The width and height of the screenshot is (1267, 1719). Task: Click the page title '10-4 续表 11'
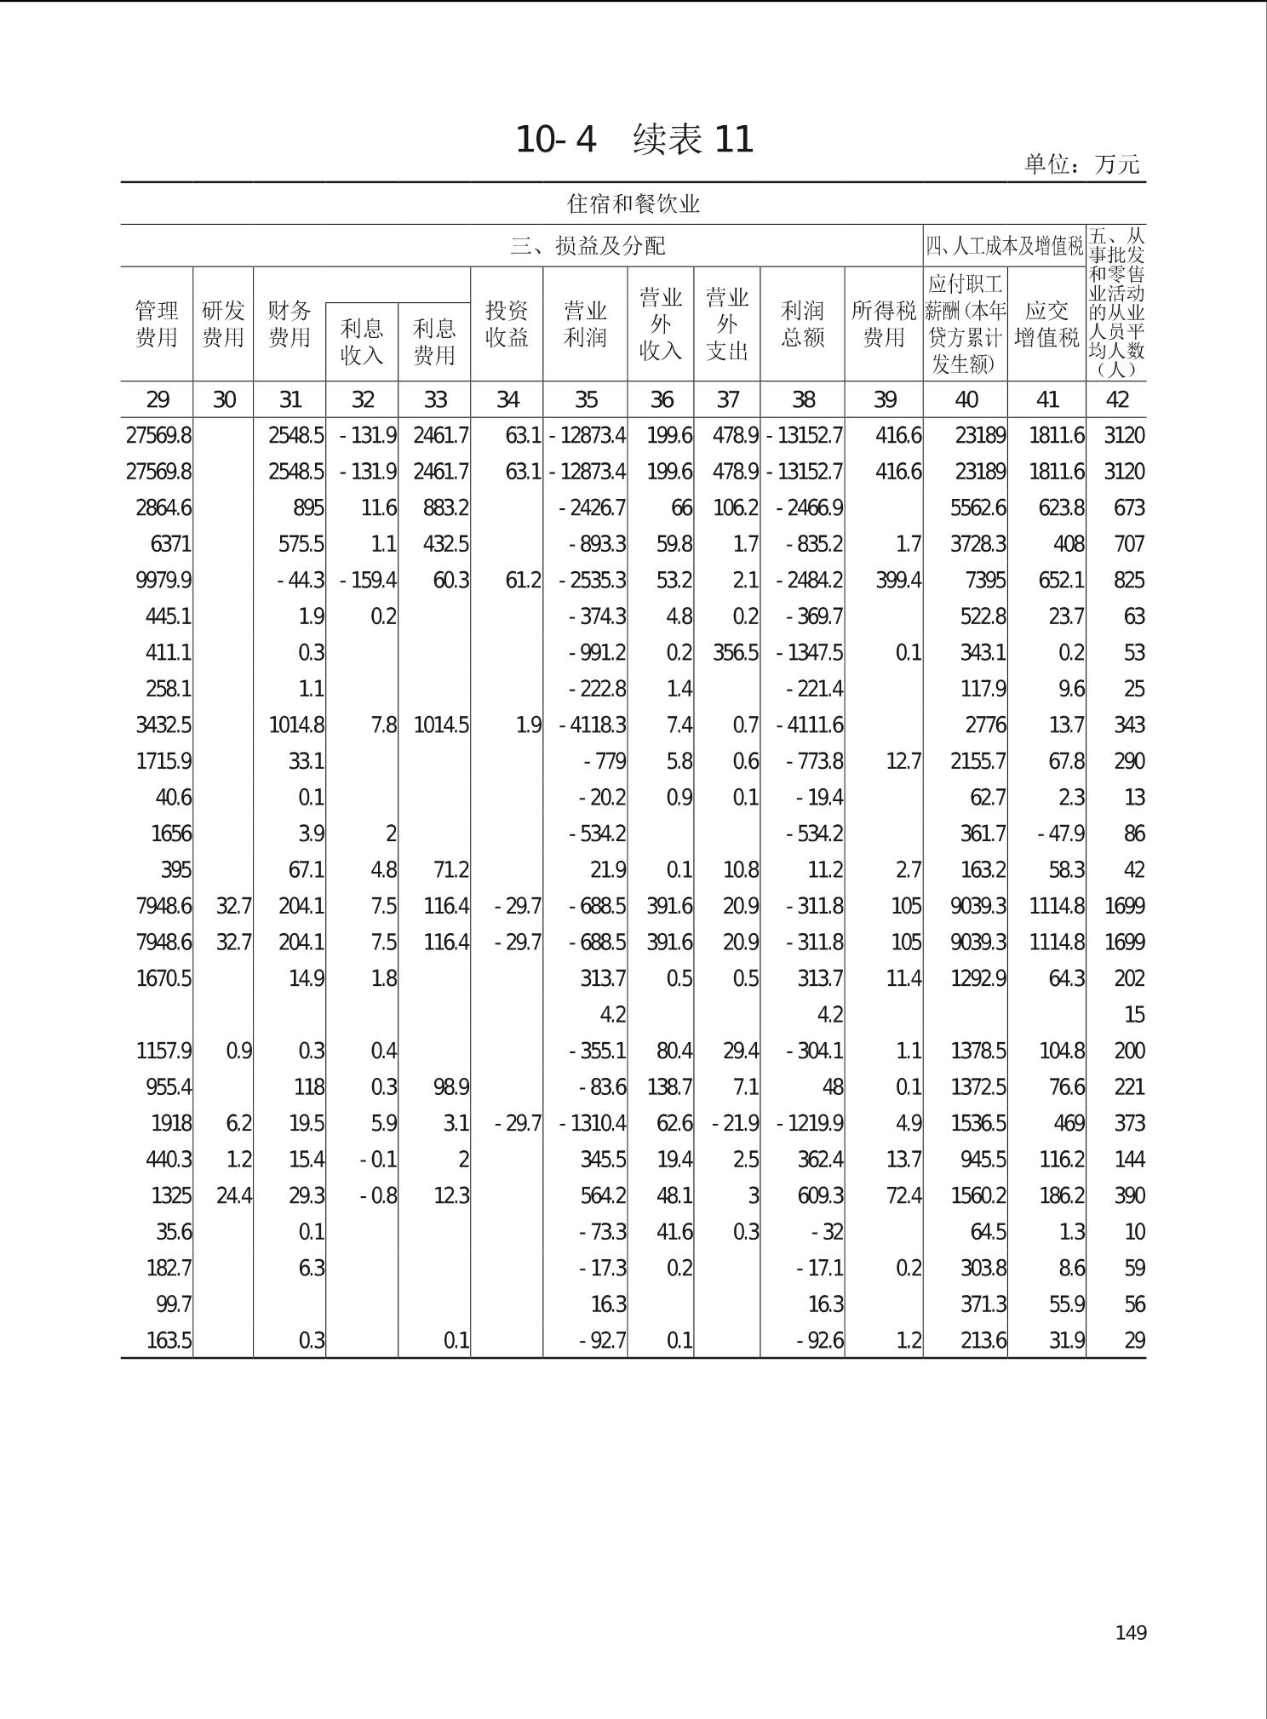point(634,140)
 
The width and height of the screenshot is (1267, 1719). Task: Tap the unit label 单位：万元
point(1081,164)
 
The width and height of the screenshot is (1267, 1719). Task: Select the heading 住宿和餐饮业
point(633,204)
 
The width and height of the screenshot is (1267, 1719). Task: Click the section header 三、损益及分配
point(588,246)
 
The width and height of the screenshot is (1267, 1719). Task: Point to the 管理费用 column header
point(157,324)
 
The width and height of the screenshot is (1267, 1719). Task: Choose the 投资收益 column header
point(507,324)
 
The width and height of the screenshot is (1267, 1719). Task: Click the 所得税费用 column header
point(884,324)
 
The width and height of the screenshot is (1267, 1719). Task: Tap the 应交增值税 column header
point(1046,324)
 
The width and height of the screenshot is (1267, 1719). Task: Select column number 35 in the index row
point(586,399)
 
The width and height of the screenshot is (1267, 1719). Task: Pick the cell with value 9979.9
point(163,581)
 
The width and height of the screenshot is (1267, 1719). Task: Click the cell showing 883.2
point(446,508)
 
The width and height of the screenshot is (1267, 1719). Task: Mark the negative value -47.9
point(1061,834)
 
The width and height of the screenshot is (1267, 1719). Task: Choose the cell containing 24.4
point(234,1196)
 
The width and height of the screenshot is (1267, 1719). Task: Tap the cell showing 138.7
point(669,1087)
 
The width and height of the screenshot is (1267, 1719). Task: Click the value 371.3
point(983,1304)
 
